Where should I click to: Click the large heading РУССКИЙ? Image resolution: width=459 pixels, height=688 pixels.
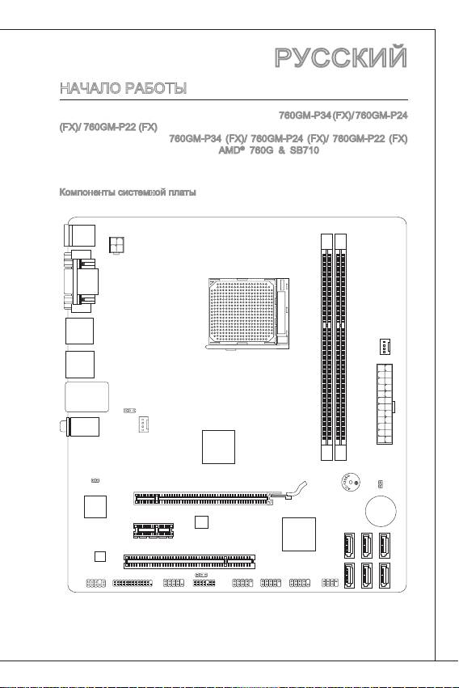(341, 57)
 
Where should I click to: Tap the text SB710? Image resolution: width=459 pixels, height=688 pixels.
(304, 150)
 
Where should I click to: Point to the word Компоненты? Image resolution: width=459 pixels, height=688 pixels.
(87, 192)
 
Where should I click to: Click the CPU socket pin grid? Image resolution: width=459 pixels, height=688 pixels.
(242, 312)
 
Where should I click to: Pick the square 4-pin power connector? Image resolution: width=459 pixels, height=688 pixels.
(116, 244)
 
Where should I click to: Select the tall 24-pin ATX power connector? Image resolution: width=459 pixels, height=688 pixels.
(385, 403)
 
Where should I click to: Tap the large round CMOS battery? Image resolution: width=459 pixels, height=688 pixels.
(381, 511)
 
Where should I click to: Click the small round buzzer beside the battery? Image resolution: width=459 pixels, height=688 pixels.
(350, 483)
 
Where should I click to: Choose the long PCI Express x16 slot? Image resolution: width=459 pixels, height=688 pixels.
(204, 499)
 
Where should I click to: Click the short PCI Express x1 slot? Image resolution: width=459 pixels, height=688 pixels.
(153, 530)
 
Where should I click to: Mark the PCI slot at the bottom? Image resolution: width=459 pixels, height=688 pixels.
(189, 561)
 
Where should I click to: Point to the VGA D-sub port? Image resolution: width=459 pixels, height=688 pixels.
(80, 281)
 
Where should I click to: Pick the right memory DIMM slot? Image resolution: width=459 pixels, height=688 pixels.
(340, 347)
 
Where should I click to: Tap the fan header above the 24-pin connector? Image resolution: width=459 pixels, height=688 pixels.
(385, 347)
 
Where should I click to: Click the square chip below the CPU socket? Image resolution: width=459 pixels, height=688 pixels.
(218, 446)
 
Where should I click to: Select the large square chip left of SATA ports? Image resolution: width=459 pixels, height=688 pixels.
(298, 534)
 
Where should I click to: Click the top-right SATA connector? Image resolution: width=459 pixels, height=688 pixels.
(385, 545)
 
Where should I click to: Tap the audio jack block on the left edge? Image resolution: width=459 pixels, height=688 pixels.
(82, 427)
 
